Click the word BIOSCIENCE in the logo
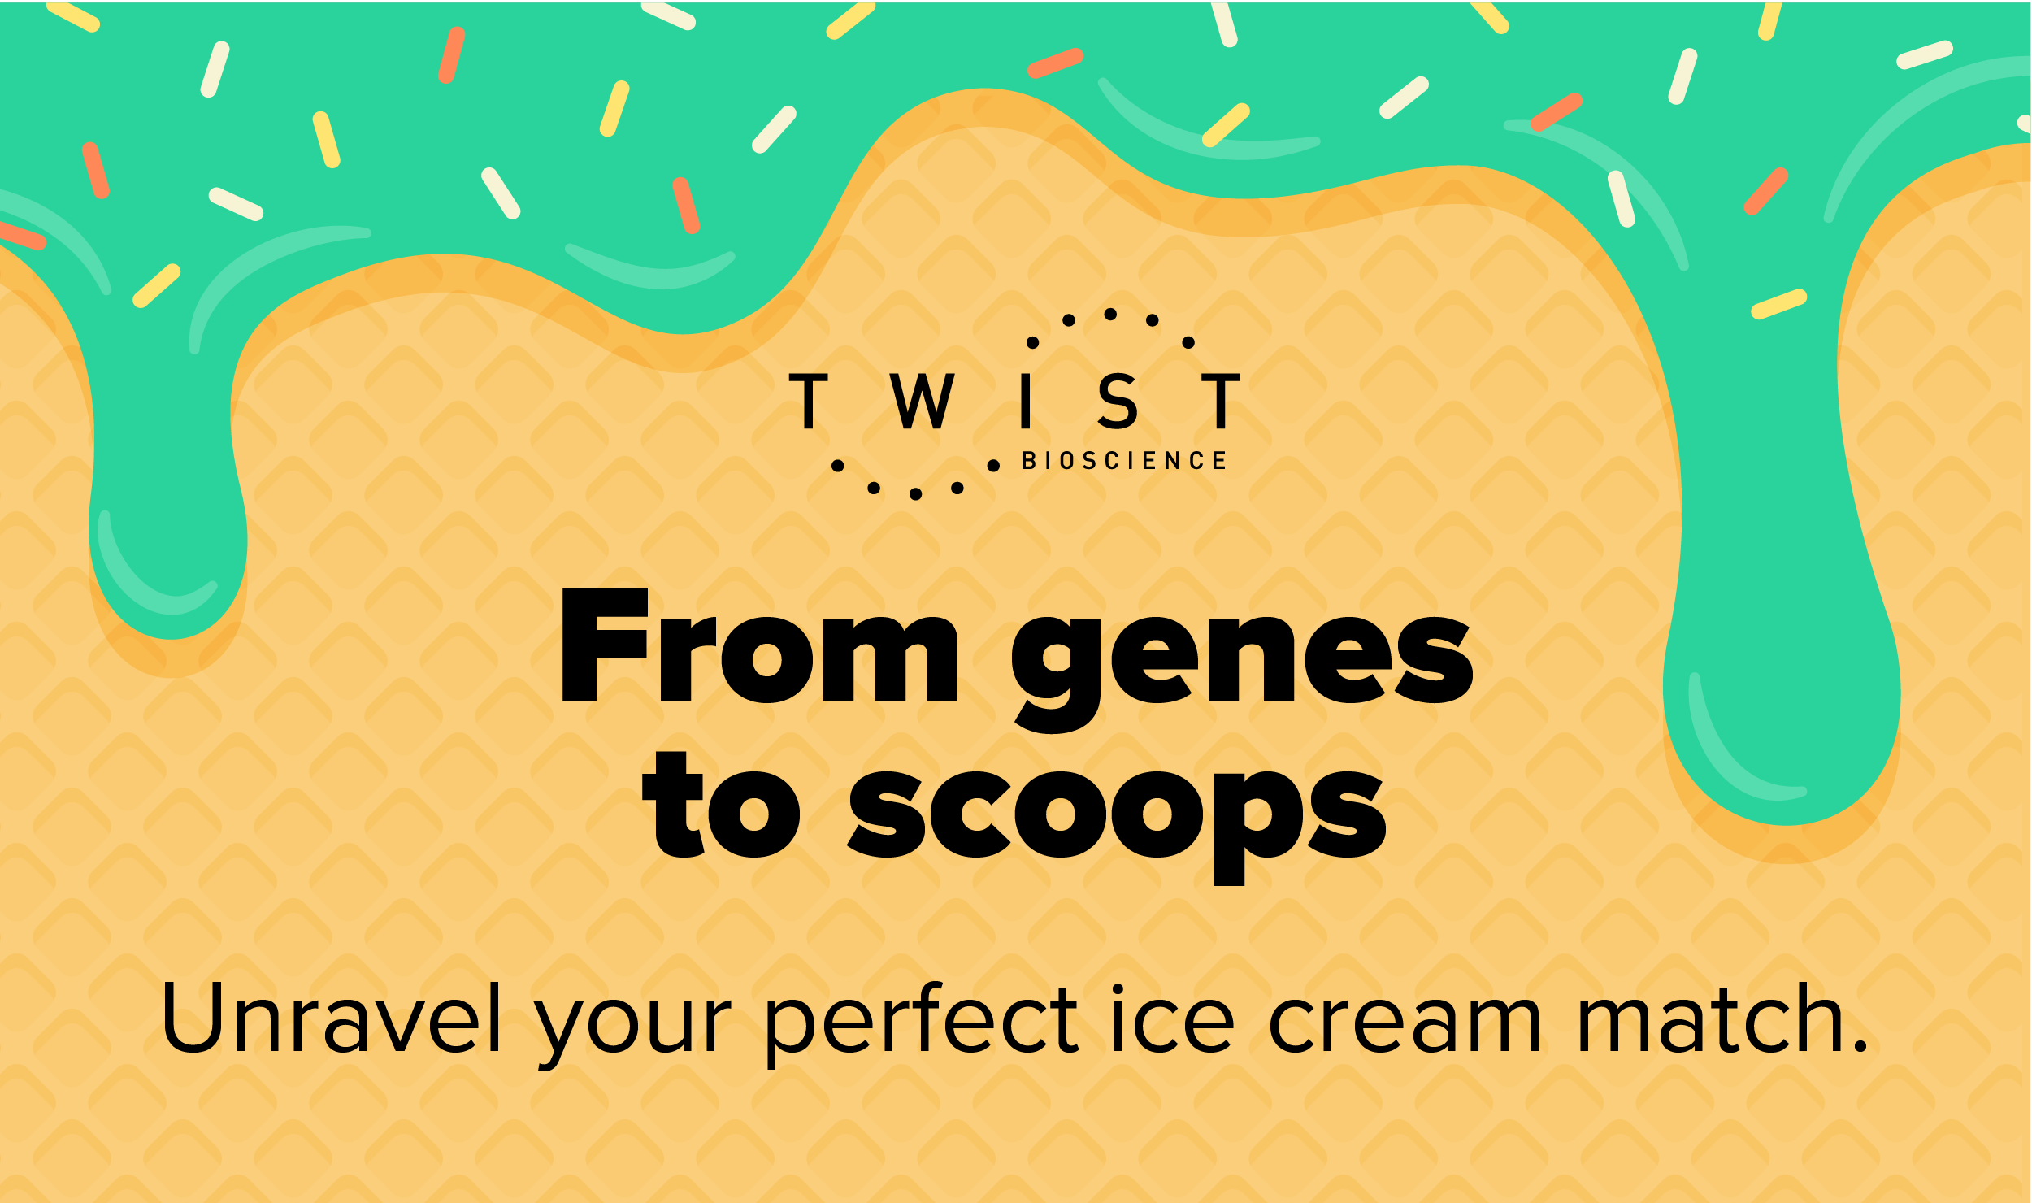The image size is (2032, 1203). tap(1123, 461)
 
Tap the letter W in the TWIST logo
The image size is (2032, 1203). tap(921, 401)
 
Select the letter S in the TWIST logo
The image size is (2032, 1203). tap(1118, 401)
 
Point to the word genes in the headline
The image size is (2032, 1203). tap(1241, 658)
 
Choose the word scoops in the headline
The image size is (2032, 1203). tap(1117, 813)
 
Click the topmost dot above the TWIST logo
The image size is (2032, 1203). tap(1110, 314)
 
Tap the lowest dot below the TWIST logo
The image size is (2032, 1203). tap(915, 494)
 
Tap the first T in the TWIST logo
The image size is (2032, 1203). tap(808, 401)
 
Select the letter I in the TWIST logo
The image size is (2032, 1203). tap(1026, 401)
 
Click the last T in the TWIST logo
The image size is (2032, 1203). tap(1221, 401)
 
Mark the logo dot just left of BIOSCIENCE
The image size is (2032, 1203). tap(993, 466)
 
